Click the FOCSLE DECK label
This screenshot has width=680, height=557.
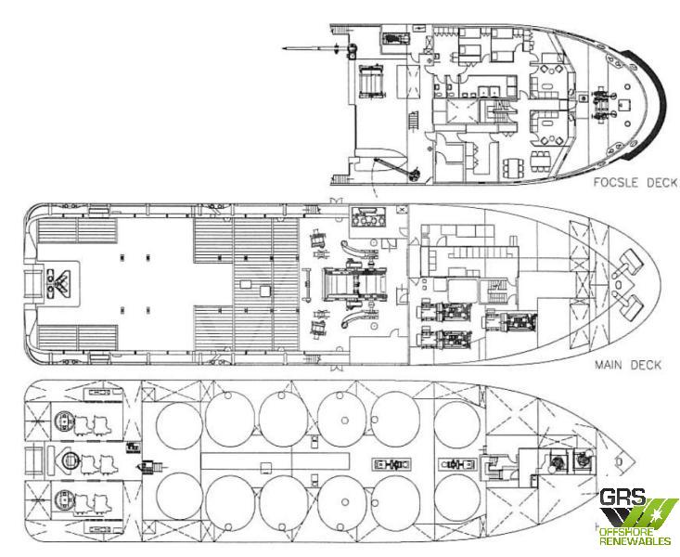635,182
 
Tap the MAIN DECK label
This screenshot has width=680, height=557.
628,365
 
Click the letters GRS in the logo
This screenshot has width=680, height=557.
622,497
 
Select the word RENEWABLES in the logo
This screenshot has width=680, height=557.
635,541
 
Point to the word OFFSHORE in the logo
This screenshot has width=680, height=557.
628,532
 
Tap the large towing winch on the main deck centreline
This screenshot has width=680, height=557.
355,284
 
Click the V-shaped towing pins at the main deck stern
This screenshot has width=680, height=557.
58,283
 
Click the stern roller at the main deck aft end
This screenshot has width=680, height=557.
32,283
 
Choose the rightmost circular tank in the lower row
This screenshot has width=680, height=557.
456,498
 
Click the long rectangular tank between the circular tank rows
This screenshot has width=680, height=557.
276,460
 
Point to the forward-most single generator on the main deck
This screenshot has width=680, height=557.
512,323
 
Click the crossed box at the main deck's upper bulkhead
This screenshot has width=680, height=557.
403,209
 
